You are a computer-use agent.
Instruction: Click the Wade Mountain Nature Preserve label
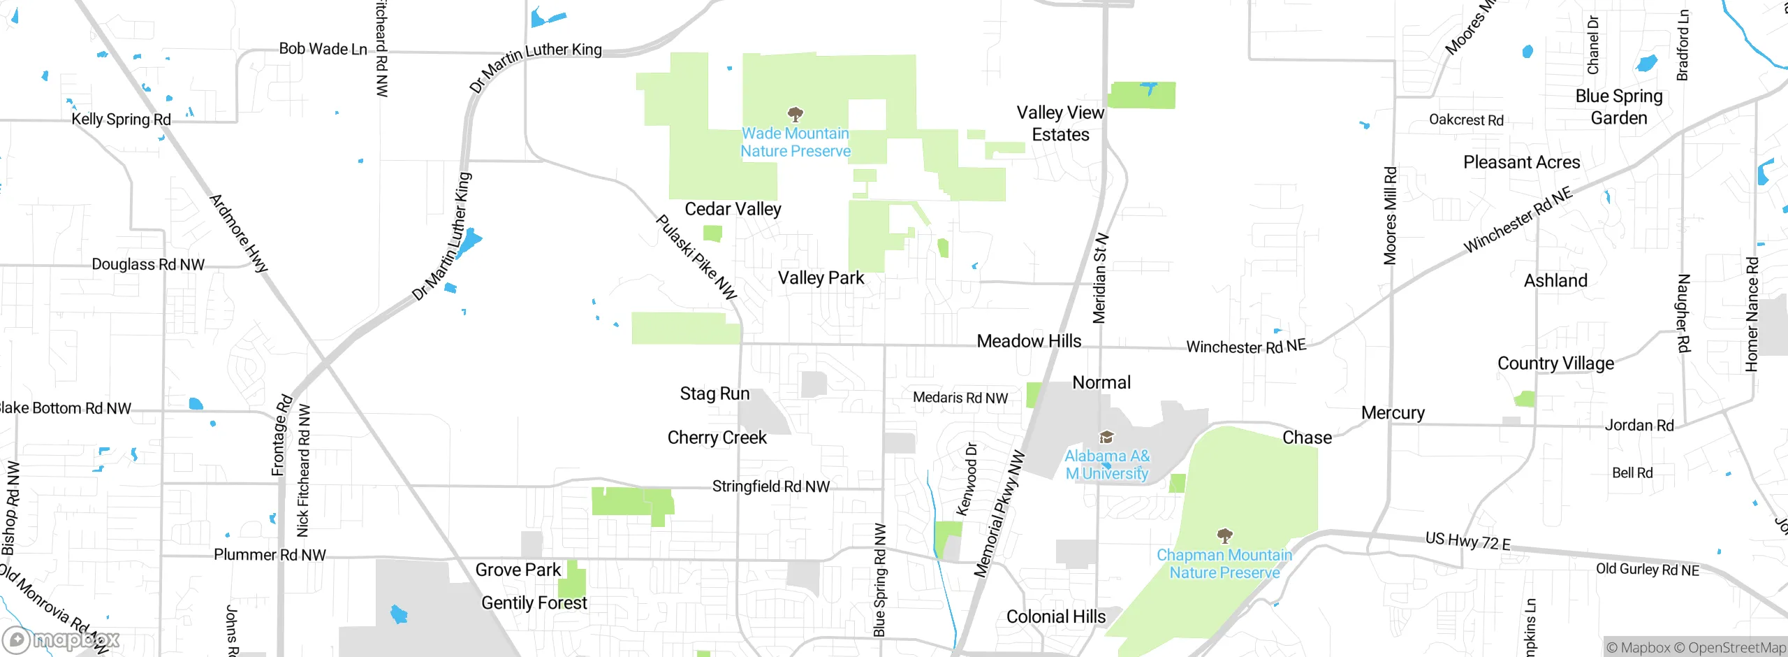[796, 142]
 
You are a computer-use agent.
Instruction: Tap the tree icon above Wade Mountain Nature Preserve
[795, 114]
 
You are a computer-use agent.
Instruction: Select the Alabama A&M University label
[1107, 464]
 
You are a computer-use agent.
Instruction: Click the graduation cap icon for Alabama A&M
[1106, 438]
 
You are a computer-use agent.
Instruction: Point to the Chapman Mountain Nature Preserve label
[1224, 563]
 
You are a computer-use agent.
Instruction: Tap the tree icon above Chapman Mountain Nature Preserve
[1224, 536]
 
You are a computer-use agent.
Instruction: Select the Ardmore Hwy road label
[239, 233]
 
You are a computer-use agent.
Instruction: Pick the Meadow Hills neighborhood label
[1029, 341]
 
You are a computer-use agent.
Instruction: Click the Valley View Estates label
[1060, 123]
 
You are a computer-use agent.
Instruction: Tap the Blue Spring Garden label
[1619, 107]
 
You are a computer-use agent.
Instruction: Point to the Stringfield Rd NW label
[771, 486]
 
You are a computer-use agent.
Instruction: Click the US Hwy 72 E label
[1468, 541]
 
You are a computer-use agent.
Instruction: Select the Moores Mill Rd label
[1390, 215]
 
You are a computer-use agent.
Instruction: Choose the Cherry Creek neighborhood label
[717, 438]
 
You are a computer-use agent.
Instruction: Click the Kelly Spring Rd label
[122, 119]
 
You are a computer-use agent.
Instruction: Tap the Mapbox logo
[61, 640]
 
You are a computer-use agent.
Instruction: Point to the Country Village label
[1555, 363]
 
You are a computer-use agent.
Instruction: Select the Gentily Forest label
[534, 602]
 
